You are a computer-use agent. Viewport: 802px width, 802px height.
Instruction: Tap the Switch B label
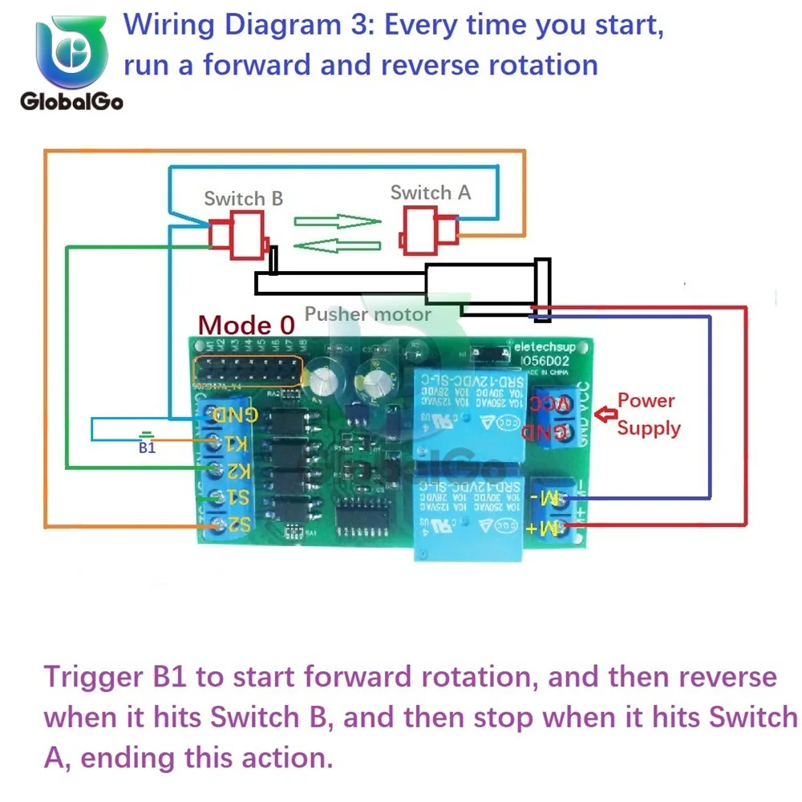click(x=243, y=198)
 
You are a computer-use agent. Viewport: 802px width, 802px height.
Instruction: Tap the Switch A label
click(x=431, y=192)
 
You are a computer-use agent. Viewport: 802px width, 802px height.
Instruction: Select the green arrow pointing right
click(x=337, y=221)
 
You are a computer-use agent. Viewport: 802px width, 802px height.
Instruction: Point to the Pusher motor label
click(x=367, y=314)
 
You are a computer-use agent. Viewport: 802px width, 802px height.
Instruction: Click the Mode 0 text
click(x=246, y=325)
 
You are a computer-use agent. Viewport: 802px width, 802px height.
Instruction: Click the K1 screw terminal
click(x=216, y=442)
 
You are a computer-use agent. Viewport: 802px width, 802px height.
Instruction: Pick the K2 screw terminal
click(x=216, y=468)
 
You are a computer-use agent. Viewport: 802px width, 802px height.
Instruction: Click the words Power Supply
click(x=648, y=414)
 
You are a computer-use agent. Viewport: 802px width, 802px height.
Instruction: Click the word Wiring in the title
click(x=169, y=26)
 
